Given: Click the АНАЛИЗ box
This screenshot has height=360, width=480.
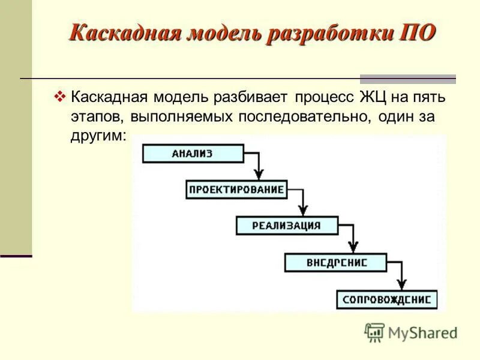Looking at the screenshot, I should pyautogui.click(x=193, y=154).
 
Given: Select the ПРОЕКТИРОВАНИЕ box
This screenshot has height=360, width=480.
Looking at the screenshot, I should pyautogui.click(x=236, y=190).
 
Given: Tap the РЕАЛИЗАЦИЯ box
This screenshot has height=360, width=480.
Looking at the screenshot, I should pyautogui.click(x=286, y=226).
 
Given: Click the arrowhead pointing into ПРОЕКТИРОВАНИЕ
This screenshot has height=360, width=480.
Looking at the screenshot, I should pyautogui.click(x=258, y=175).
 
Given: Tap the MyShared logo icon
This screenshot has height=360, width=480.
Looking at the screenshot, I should pyautogui.click(x=374, y=332).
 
